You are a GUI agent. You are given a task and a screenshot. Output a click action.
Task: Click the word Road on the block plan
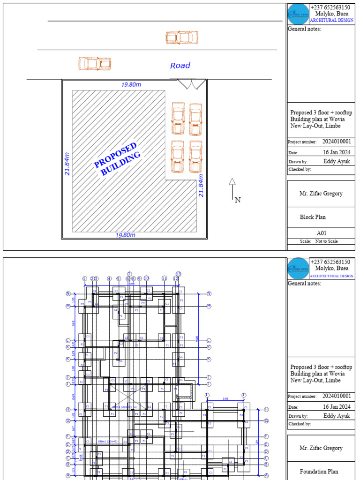click(180, 66)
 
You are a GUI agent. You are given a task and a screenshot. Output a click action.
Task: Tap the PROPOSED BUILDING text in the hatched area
click(118, 159)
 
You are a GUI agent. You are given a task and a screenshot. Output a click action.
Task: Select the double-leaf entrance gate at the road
click(191, 84)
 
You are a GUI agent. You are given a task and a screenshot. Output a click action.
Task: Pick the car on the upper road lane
click(182, 37)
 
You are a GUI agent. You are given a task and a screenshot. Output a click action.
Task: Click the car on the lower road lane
click(95, 63)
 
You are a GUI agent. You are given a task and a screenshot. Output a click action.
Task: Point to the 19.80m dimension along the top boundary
click(131, 85)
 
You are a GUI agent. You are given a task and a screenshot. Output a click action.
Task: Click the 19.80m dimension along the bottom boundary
click(125, 235)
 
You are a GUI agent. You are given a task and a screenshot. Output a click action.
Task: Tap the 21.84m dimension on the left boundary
click(67, 164)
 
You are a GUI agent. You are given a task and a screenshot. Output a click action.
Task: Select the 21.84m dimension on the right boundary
click(201, 186)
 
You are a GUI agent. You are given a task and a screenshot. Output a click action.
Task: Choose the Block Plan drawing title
click(313, 217)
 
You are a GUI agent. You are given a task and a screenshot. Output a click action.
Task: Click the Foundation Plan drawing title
click(319, 472)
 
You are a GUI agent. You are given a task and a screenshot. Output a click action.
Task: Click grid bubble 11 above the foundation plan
click(165, 278)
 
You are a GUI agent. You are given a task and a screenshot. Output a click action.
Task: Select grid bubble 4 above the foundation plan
click(109, 278)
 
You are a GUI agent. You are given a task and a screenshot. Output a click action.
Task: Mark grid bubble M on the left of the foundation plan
click(68, 306)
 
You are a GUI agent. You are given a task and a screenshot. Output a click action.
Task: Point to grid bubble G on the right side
click(266, 421)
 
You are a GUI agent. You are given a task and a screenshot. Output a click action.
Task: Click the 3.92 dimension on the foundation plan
click(225, 399)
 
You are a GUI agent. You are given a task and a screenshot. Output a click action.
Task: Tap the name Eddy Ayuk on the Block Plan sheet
click(337, 161)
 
